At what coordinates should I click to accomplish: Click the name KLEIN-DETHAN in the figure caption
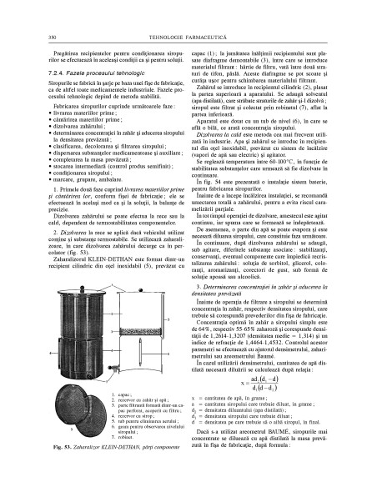[124, 472]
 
